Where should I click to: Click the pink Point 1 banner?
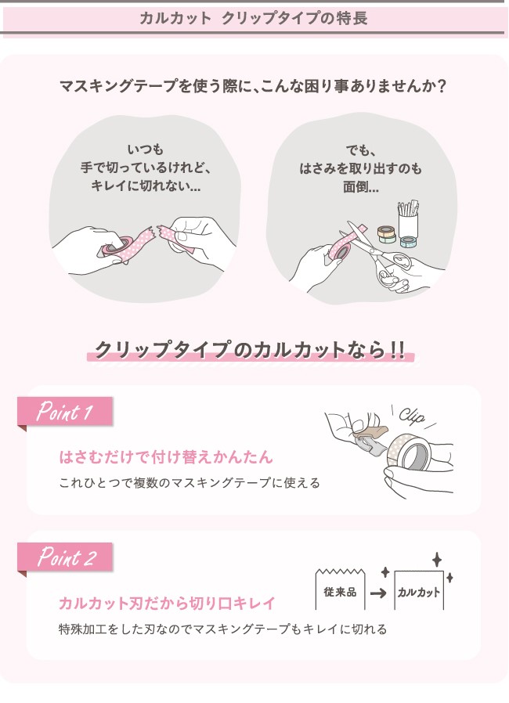65,411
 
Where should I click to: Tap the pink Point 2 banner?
65,557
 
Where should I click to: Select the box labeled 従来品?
340,589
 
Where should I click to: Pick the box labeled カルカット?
419,591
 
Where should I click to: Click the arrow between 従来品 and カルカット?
379,593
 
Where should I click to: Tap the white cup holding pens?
407,224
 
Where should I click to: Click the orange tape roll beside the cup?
386,233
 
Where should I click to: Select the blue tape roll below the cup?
409,242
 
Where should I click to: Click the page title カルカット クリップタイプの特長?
254,18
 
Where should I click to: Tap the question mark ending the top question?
442,85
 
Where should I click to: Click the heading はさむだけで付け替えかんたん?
166,457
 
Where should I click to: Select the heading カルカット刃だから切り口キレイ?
166,603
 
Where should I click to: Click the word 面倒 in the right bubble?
356,186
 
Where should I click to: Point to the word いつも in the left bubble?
146,149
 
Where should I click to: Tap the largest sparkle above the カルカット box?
437,560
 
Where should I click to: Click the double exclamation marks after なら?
397,349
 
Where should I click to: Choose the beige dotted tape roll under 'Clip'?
409,452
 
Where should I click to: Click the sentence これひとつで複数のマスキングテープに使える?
190,483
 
